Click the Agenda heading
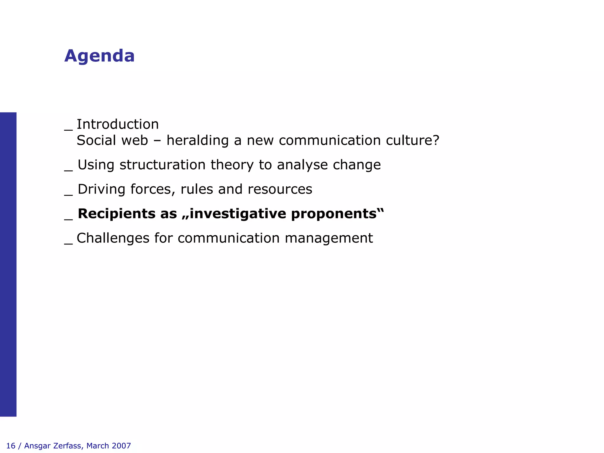99,56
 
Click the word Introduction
118,124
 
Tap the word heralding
197,140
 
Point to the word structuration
163,165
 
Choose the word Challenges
113,238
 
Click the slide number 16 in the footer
11,446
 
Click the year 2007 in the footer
121,446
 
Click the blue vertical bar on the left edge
8,264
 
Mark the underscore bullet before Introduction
68,129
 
